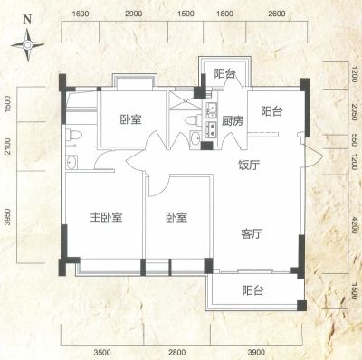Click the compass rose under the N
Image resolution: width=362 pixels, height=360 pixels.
click(x=27, y=45)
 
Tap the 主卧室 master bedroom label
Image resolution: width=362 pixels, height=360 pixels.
click(x=106, y=217)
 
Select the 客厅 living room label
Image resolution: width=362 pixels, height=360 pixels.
click(x=252, y=233)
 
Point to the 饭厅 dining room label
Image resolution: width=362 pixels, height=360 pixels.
click(x=249, y=165)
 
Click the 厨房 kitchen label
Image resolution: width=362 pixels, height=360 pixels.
click(x=233, y=121)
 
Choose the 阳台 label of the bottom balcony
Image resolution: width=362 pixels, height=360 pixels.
click(x=253, y=290)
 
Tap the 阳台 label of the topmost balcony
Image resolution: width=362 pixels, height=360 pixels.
click(x=224, y=73)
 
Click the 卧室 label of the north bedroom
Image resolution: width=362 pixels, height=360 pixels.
click(x=131, y=119)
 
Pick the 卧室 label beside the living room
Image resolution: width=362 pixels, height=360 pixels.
click(x=176, y=217)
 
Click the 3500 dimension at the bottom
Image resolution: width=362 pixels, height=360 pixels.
click(x=102, y=352)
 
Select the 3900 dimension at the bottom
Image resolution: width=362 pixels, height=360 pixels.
click(x=256, y=352)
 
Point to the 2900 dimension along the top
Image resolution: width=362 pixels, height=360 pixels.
click(x=134, y=14)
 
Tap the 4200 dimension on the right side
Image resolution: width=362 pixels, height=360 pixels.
click(x=355, y=225)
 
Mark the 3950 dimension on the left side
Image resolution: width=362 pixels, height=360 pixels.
click(x=7, y=217)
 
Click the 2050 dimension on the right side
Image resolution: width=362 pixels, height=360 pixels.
click(x=355, y=112)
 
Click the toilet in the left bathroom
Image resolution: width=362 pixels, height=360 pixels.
click(x=73, y=135)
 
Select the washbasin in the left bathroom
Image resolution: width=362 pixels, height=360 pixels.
click(x=71, y=163)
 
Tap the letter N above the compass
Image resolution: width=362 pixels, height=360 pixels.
click(x=27, y=20)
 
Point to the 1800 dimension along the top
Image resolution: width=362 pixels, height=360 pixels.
click(x=225, y=14)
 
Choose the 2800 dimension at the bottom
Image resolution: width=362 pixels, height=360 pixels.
click(x=177, y=352)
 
